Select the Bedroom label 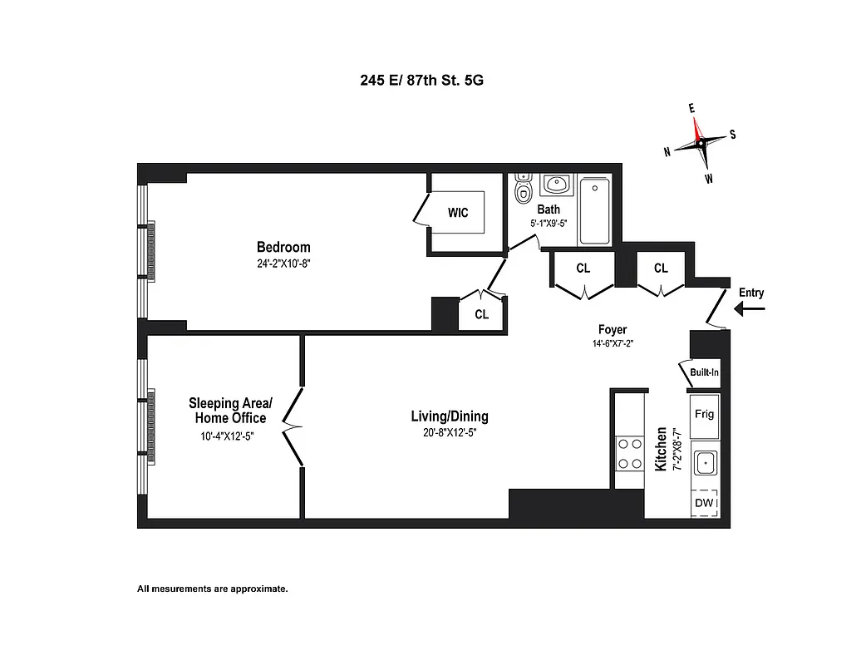[x=283, y=247]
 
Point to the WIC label [x=458, y=213]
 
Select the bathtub [x=595, y=210]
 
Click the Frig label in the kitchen [x=704, y=414]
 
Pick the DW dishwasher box [x=704, y=503]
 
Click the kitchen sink [x=705, y=461]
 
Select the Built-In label [x=704, y=372]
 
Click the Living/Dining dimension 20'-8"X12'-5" [x=450, y=432]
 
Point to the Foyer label [x=613, y=330]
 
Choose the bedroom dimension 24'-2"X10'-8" [x=283, y=263]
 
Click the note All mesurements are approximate [x=213, y=589]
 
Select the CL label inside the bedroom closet [x=482, y=315]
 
